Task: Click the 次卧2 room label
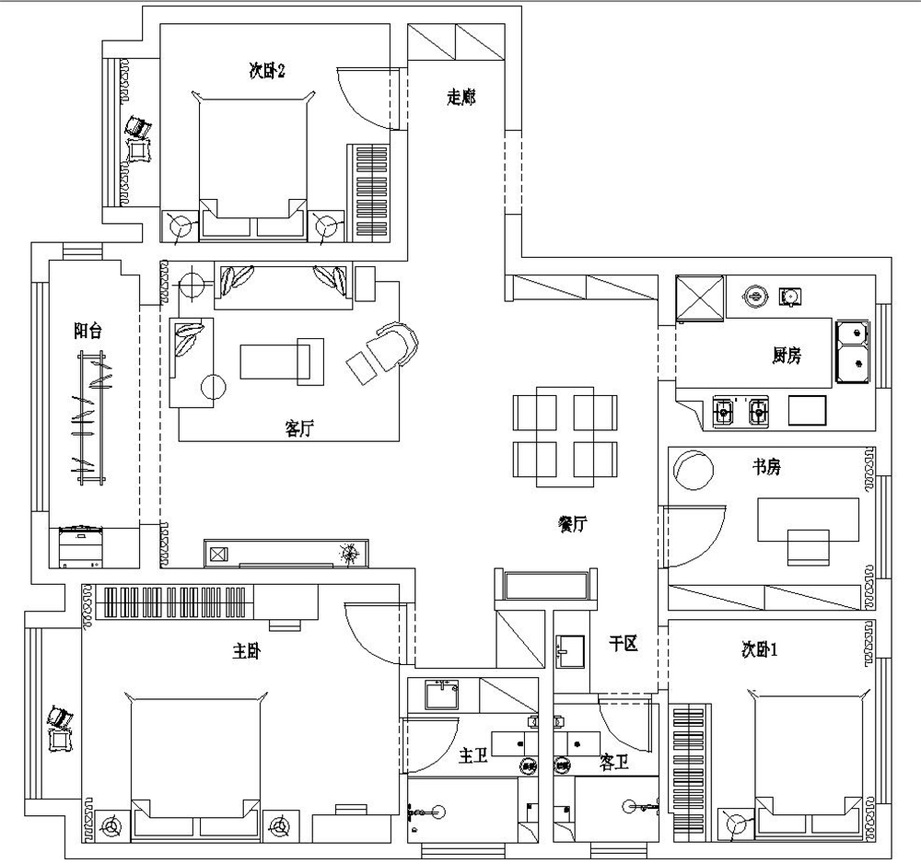tap(267, 70)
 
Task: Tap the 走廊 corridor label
tap(461, 97)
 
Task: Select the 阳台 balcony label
tap(87, 330)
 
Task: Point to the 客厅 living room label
tap(299, 428)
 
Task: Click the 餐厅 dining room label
tap(573, 524)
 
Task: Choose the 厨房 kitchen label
tap(786, 355)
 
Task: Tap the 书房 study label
tap(766, 467)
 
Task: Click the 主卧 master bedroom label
tap(246, 651)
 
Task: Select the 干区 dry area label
tap(623, 644)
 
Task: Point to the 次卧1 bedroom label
tap(760, 649)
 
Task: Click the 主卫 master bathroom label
tap(473, 756)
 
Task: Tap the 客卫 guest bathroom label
tap(614, 762)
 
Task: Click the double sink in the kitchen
tap(852, 352)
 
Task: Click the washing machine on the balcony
tap(80, 547)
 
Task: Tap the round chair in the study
tap(693, 470)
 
